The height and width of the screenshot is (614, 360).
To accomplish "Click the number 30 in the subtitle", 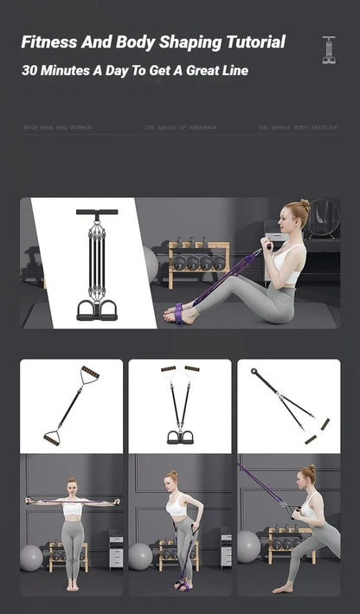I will coord(31,70).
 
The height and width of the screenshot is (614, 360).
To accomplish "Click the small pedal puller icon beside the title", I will coord(329,49).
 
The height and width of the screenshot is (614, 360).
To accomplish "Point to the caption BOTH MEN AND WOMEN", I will coord(57,128).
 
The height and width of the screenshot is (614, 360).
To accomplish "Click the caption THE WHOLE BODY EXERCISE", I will coord(298,128).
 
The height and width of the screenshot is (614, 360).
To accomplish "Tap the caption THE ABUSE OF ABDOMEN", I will coord(181,128).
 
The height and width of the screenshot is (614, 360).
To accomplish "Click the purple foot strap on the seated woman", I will coord(178,313).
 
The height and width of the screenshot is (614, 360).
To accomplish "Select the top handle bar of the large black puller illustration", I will coord(96,212).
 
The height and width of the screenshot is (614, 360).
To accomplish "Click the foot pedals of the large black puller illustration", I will coord(96,310).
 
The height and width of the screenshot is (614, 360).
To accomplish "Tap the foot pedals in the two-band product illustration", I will coord(180,436).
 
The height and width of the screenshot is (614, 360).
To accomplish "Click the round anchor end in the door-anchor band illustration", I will coord(257,371).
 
